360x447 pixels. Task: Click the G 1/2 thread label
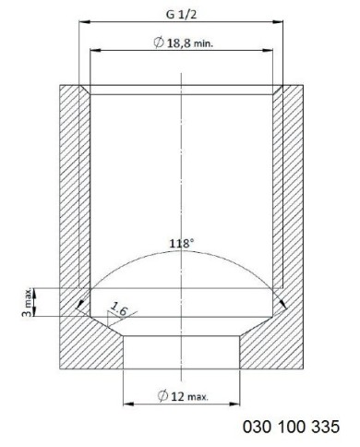click(181, 15)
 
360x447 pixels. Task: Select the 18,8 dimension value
click(179, 42)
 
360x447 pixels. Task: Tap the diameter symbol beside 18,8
click(159, 42)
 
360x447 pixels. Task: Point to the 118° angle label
click(182, 244)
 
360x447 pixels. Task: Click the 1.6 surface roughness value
click(118, 309)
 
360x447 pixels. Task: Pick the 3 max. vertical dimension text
click(27, 303)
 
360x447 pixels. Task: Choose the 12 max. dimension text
click(189, 396)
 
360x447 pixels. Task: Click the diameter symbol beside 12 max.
click(162, 396)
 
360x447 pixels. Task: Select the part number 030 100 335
click(291, 427)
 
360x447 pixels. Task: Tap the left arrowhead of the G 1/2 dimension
click(84, 22)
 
